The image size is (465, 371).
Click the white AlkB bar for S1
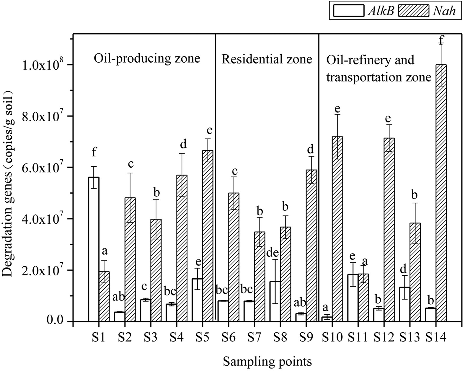click(94, 249)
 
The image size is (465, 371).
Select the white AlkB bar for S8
click(275, 301)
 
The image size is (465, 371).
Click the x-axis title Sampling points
click(267, 361)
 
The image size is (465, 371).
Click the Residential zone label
click(267, 59)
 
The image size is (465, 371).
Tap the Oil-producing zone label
click(147, 58)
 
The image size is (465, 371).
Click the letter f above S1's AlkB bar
click(94, 152)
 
